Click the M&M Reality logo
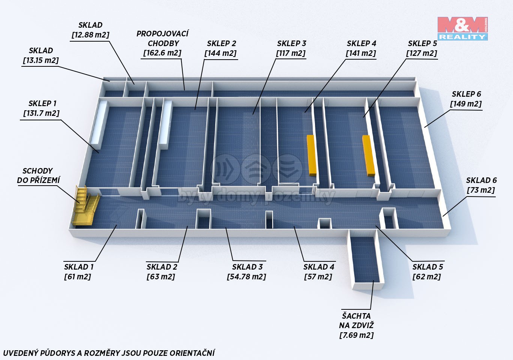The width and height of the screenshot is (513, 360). [x=462, y=28]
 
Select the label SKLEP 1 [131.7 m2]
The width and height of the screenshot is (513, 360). [x=42, y=108]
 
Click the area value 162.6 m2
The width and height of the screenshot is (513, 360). [x=162, y=53]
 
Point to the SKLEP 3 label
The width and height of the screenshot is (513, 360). [x=291, y=43]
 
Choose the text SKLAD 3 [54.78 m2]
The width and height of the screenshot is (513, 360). [x=247, y=272]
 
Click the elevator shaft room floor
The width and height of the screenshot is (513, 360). [x=364, y=259]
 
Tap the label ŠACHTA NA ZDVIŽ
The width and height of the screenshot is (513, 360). [x=356, y=321]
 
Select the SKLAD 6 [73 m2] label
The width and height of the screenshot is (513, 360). [x=481, y=185]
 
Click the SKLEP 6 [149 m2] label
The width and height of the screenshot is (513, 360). [x=466, y=99]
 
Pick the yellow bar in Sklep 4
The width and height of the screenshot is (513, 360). [x=312, y=156]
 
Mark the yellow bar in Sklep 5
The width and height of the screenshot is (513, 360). [x=368, y=156]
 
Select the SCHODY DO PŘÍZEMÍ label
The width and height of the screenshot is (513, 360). [x=38, y=175]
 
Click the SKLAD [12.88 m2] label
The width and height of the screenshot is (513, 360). [x=90, y=30]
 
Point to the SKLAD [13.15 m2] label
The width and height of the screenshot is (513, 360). [x=41, y=55]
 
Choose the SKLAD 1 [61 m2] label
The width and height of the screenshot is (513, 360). [x=78, y=272]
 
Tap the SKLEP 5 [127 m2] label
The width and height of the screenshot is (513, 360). [x=422, y=48]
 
